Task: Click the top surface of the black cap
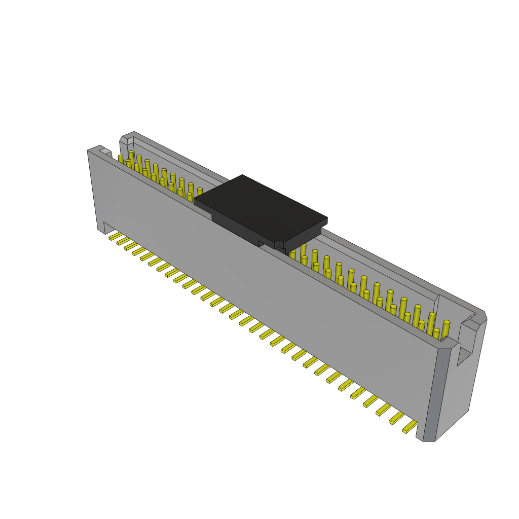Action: click(x=260, y=208)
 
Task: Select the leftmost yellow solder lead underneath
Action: click(x=116, y=236)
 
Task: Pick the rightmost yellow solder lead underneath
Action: click(x=410, y=427)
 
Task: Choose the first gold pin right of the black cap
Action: click(x=303, y=251)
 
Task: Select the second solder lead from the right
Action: click(x=396, y=418)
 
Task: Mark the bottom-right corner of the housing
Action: click(x=429, y=440)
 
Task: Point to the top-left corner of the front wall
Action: click(x=89, y=151)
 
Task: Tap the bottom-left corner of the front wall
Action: click(x=100, y=231)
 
